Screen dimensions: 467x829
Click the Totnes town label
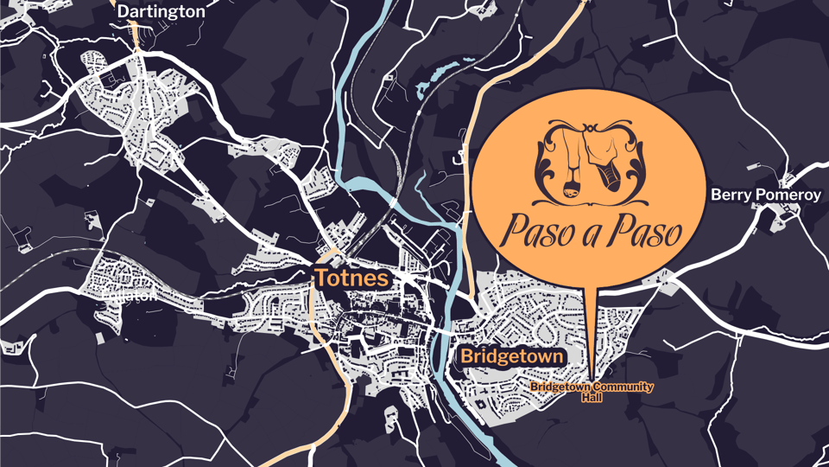pyautogui.click(x=351, y=278)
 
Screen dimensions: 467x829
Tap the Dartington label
pyautogui.click(x=161, y=11)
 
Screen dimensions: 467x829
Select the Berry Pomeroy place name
pyautogui.click(x=765, y=195)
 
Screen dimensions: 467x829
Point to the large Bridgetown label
pyautogui.click(x=512, y=355)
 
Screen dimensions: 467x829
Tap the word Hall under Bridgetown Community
pyautogui.click(x=592, y=396)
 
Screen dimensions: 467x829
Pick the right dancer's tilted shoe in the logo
pyautogui.click(x=611, y=179)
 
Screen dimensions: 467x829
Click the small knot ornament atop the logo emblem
pyautogui.click(x=591, y=129)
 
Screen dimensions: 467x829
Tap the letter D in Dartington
pyautogui.click(x=123, y=11)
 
